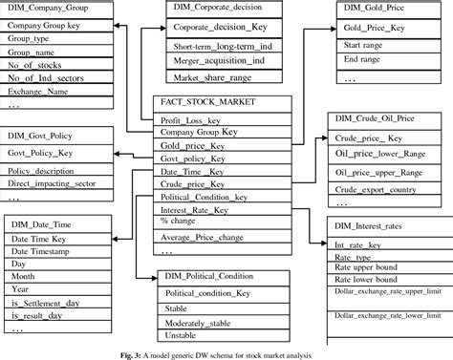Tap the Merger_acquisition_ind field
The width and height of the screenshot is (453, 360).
(205, 60)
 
